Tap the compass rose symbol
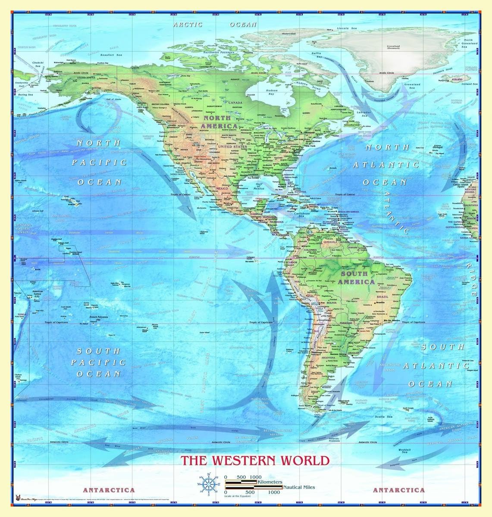208,483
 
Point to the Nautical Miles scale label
299,487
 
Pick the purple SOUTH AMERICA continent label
354,277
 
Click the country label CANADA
235,103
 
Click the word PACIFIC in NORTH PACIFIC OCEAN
99,162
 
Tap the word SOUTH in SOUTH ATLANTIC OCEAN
443,346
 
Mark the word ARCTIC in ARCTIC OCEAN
188,25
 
